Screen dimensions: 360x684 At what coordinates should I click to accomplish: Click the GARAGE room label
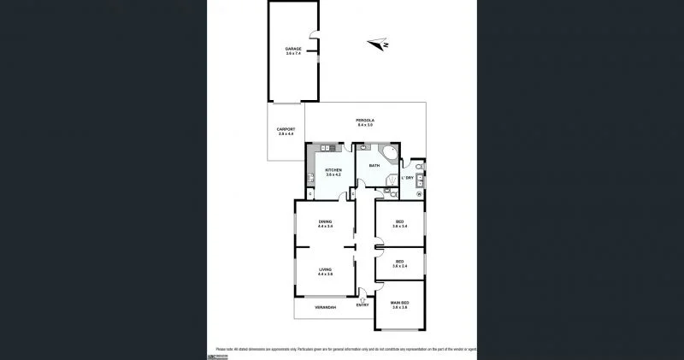(x=293, y=49)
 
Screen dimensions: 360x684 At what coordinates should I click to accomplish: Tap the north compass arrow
(x=377, y=44)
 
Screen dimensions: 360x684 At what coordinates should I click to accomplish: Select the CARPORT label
(x=286, y=129)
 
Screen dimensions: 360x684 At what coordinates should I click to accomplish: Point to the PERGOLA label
(x=365, y=120)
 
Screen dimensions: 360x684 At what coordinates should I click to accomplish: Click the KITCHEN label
(x=333, y=169)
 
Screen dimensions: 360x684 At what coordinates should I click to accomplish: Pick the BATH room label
(x=374, y=165)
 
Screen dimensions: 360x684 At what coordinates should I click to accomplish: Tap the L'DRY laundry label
(x=408, y=178)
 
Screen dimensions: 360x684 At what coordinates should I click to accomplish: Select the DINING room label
(x=325, y=221)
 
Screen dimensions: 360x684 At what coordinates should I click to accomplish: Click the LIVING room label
(x=325, y=269)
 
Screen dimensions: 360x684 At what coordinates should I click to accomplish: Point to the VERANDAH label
(x=325, y=307)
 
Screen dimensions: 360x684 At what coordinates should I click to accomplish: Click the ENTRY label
(x=363, y=305)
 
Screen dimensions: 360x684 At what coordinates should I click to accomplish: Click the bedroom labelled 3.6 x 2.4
(x=399, y=267)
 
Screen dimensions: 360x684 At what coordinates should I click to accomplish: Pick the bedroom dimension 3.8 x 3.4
(x=399, y=227)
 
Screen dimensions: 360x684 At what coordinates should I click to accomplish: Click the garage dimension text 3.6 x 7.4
(x=293, y=54)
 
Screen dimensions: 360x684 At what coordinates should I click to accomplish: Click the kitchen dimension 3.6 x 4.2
(x=333, y=174)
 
